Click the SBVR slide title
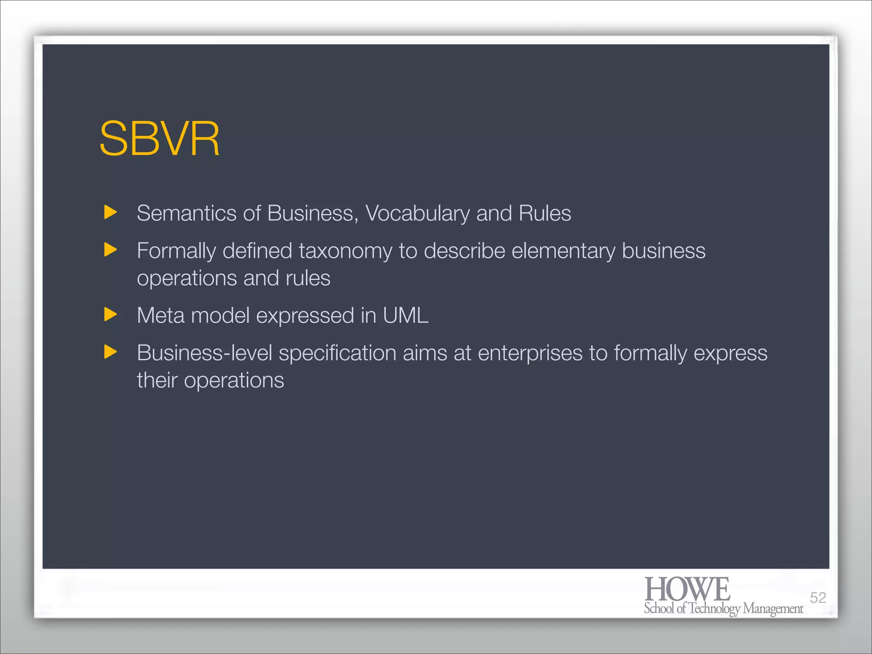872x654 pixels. tap(160, 139)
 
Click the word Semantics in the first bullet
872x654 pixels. tap(186, 213)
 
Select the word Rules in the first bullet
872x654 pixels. tap(545, 213)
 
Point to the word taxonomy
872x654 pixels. tap(345, 251)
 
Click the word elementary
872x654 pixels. tap(563, 251)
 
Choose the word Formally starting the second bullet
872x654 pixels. tap(176, 251)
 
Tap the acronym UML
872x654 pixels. tap(405, 316)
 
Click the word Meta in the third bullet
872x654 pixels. tap(161, 316)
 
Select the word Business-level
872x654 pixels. tap(204, 353)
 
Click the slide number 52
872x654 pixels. tap(818, 598)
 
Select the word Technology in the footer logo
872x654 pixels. tap(715, 609)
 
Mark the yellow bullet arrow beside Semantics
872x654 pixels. tap(110, 212)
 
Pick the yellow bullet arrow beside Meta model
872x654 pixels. tap(110, 315)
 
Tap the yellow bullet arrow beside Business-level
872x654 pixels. tap(110, 352)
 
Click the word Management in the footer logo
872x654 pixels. tap(773, 609)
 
